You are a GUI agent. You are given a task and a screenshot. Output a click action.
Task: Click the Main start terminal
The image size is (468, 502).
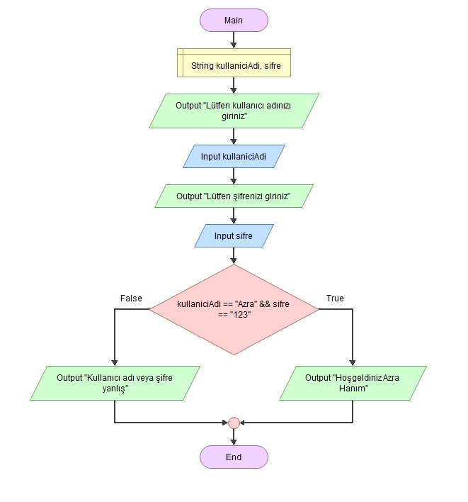point(234,21)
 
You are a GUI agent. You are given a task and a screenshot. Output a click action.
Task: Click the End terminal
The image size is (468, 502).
point(234,457)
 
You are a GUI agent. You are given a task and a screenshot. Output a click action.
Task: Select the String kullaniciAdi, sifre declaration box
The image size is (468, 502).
point(234,66)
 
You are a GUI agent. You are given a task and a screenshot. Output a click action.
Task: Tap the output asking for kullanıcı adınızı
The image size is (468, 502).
point(234,111)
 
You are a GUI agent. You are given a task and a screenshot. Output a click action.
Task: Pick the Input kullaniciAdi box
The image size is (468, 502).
point(234,157)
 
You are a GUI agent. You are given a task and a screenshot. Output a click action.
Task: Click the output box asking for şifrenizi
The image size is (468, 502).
point(234,196)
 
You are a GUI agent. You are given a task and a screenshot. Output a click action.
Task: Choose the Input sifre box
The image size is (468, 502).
point(234,235)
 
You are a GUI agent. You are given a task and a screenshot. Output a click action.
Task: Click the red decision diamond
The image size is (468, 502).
point(234,309)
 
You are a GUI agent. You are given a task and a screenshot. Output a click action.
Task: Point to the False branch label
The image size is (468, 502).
point(131,299)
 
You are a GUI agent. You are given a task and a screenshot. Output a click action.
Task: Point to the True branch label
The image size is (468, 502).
point(335,299)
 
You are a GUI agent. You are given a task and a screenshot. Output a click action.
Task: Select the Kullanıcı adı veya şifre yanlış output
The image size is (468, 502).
point(115,383)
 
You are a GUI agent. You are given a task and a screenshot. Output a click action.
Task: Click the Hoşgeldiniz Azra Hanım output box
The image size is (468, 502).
point(353,383)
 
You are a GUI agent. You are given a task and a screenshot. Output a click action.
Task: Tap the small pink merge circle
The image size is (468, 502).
point(234,423)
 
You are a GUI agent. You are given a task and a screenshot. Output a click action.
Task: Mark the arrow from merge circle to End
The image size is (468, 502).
point(234,437)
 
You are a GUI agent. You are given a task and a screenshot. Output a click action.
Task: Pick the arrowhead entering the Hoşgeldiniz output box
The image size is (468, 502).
point(353,362)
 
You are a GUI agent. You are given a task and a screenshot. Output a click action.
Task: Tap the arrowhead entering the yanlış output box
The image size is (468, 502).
point(115,362)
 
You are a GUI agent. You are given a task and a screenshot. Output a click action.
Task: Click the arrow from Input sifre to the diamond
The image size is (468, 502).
point(234,256)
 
